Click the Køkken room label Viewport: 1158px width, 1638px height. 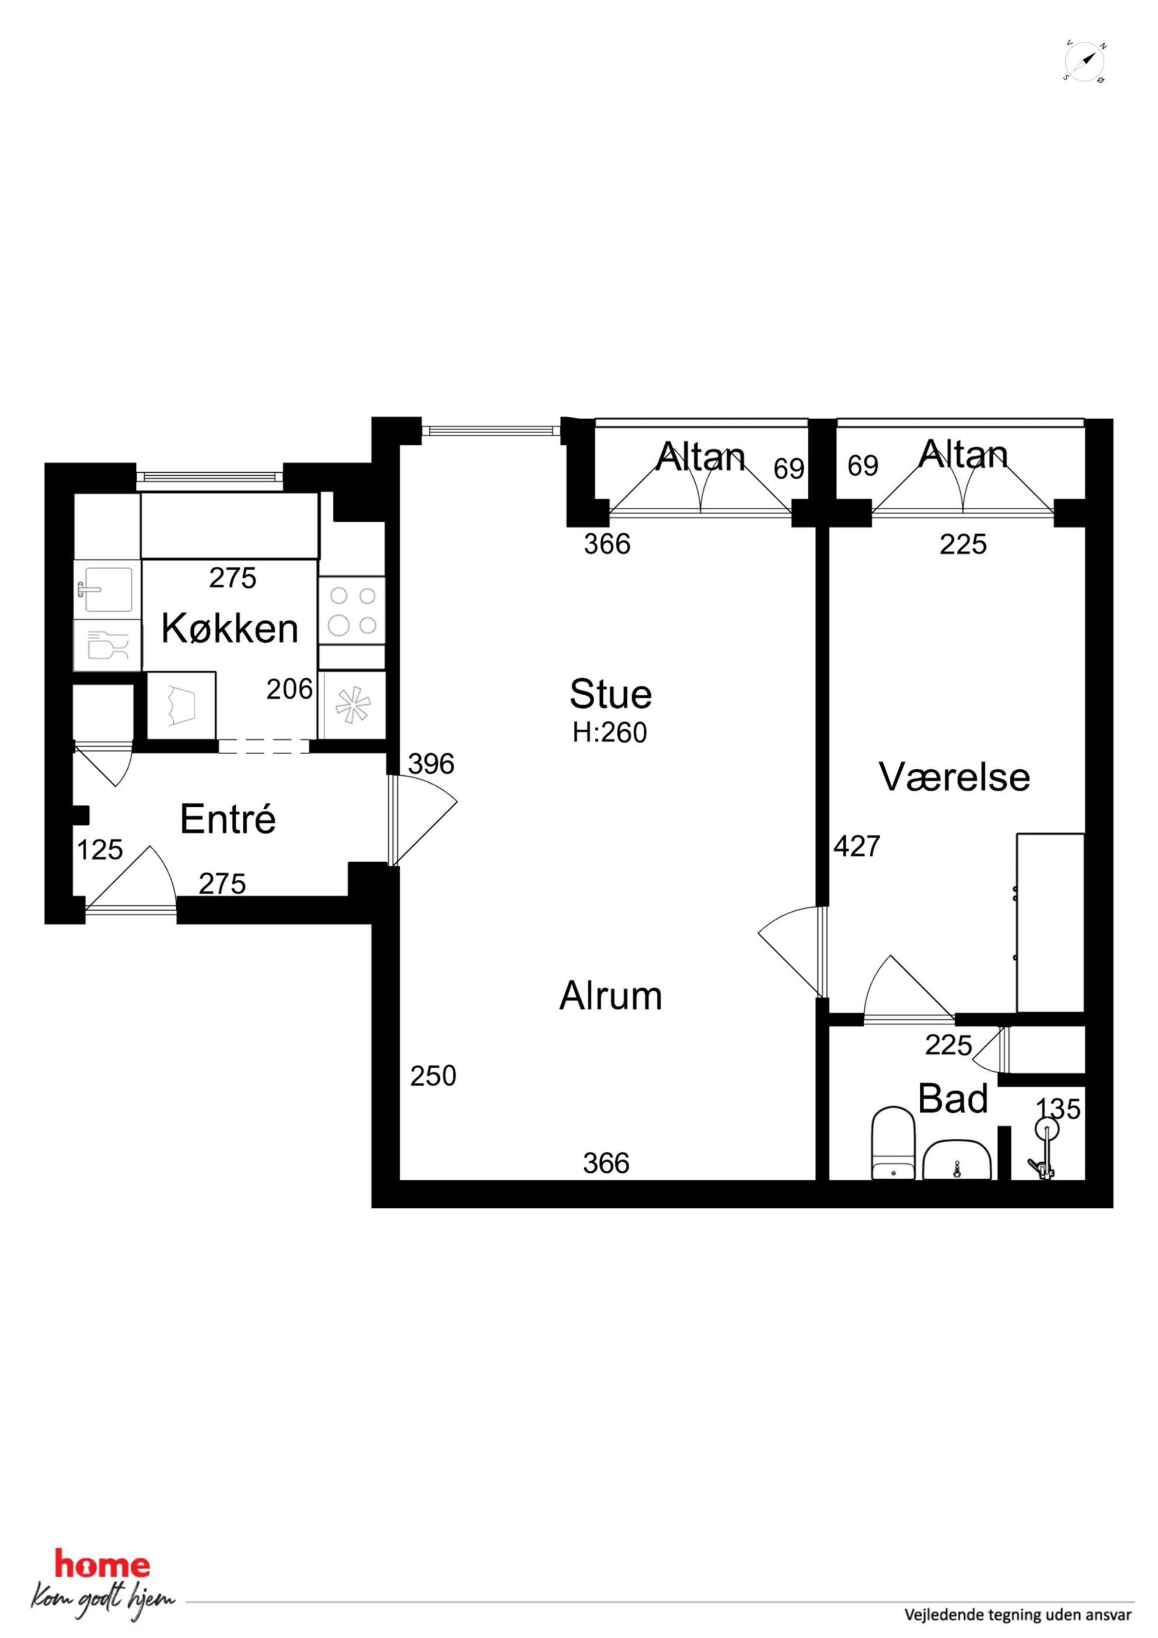(x=230, y=629)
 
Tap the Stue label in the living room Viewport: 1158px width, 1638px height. (x=611, y=694)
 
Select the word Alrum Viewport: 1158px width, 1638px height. (x=611, y=996)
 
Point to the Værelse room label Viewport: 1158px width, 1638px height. (x=955, y=777)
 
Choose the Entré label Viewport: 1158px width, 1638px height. (x=228, y=818)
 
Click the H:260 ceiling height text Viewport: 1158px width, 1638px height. (x=609, y=733)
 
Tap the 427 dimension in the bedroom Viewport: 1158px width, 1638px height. (x=857, y=846)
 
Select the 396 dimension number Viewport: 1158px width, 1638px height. (x=431, y=764)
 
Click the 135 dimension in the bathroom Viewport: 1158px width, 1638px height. (x=1058, y=1109)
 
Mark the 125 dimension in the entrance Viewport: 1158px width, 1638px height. (x=100, y=850)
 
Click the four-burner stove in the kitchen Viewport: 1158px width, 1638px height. (x=353, y=611)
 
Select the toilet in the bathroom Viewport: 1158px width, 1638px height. (x=893, y=1143)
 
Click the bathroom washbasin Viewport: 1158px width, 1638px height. (x=957, y=1160)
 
